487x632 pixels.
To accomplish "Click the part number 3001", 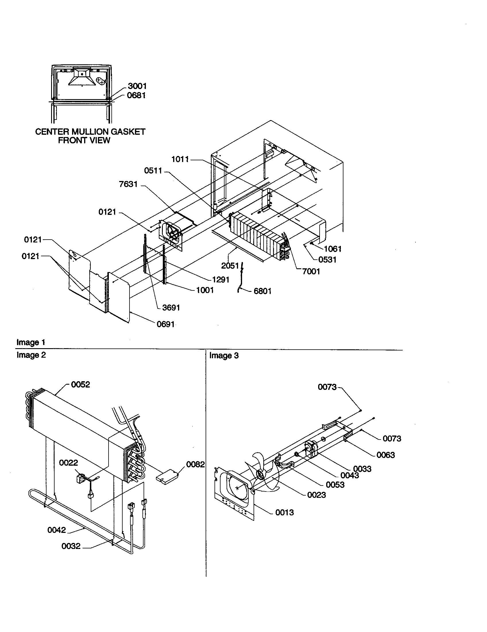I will tap(137, 86).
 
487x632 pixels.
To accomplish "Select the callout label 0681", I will tap(136, 95).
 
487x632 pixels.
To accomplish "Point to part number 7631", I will tap(128, 184).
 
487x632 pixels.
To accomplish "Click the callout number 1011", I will tap(180, 159).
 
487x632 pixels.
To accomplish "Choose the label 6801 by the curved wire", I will tap(262, 291).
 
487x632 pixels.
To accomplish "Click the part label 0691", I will tap(166, 324).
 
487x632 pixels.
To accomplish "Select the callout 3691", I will tap(171, 308).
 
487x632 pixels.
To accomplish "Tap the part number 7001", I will tap(311, 271).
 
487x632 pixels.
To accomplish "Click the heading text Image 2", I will tap(31, 355).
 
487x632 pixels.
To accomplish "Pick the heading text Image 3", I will tap(224, 356).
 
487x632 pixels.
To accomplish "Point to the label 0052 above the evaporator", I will tap(80, 384).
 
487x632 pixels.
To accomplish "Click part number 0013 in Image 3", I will tap(284, 512).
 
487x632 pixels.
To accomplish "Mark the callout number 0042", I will tap(57, 530).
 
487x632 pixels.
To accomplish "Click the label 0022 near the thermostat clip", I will tap(69, 463).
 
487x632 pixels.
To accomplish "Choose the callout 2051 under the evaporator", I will tap(230, 266).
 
